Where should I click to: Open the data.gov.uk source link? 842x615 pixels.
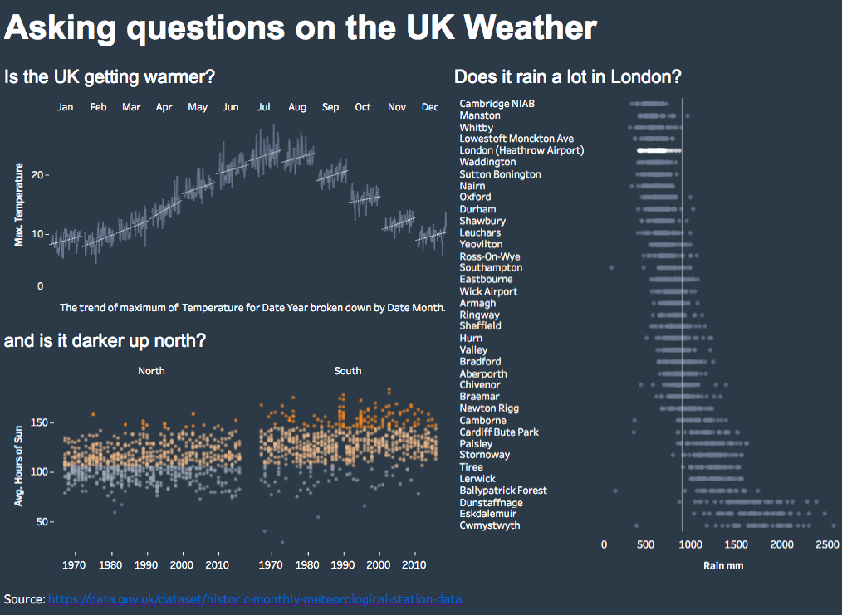pos(255,599)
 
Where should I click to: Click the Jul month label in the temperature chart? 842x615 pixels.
pos(264,107)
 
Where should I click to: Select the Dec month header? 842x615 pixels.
pos(430,107)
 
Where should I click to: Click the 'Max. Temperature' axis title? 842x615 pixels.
pos(19,204)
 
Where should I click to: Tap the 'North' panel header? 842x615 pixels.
pos(151,371)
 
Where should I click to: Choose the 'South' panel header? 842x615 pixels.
pos(348,371)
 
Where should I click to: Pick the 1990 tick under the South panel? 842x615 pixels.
pos(343,564)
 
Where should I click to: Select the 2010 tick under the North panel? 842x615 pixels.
pos(217,564)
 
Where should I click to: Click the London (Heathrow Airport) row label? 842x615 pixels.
pos(521,150)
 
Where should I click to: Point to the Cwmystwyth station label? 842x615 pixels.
pos(490,525)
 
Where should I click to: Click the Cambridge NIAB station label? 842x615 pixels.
pos(497,104)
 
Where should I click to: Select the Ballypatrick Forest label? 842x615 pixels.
pos(503,491)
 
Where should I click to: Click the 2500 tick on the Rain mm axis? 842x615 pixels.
pos(827,544)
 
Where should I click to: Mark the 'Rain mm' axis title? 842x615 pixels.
pos(723,566)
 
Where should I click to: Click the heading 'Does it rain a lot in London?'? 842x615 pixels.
pos(568,76)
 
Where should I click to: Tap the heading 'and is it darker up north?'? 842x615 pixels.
pos(105,340)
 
